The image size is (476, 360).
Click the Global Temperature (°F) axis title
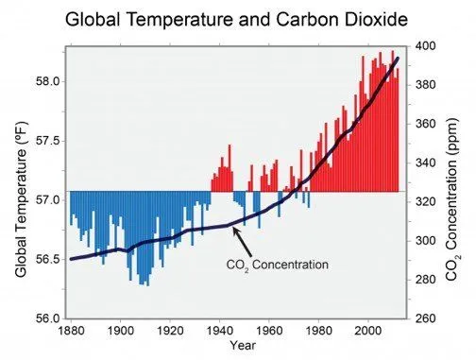click(20, 198)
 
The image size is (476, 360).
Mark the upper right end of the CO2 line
click(398, 59)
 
